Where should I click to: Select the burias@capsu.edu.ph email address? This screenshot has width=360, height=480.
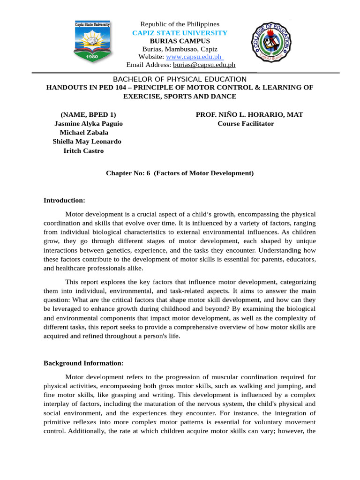[204, 65]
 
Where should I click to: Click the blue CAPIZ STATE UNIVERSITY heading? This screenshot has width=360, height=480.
[180, 33]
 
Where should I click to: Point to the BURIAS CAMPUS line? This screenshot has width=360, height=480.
[180, 41]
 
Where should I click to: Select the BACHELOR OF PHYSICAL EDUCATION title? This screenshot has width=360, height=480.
[180, 79]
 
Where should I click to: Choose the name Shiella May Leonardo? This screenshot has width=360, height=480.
[87, 142]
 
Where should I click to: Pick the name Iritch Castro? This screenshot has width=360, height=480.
[83, 150]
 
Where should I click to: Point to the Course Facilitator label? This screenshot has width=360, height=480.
[246, 124]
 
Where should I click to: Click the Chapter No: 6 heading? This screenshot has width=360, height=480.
[180, 173]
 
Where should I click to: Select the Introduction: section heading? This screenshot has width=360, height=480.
[64, 200]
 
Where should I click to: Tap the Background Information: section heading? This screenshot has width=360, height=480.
[83, 363]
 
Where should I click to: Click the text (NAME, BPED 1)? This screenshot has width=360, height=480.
[88, 115]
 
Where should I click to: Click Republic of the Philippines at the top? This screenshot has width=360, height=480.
[180, 24]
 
